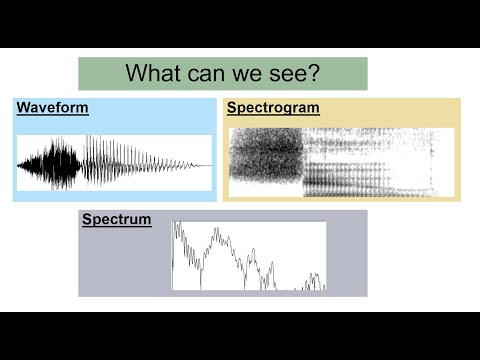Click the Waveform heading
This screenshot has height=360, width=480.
click(x=53, y=108)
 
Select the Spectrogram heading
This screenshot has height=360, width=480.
click(x=273, y=108)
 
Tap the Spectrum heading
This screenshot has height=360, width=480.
click(x=117, y=219)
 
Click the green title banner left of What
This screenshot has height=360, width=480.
click(x=100, y=73)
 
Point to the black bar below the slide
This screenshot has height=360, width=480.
click(x=240, y=335)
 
